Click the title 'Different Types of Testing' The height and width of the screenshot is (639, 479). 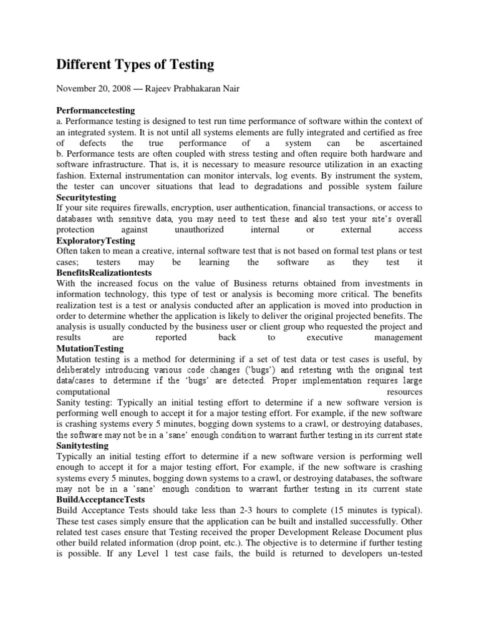click(135, 64)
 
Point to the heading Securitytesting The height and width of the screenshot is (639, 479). click(87, 197)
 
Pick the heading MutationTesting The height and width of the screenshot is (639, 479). click(90, 348)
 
